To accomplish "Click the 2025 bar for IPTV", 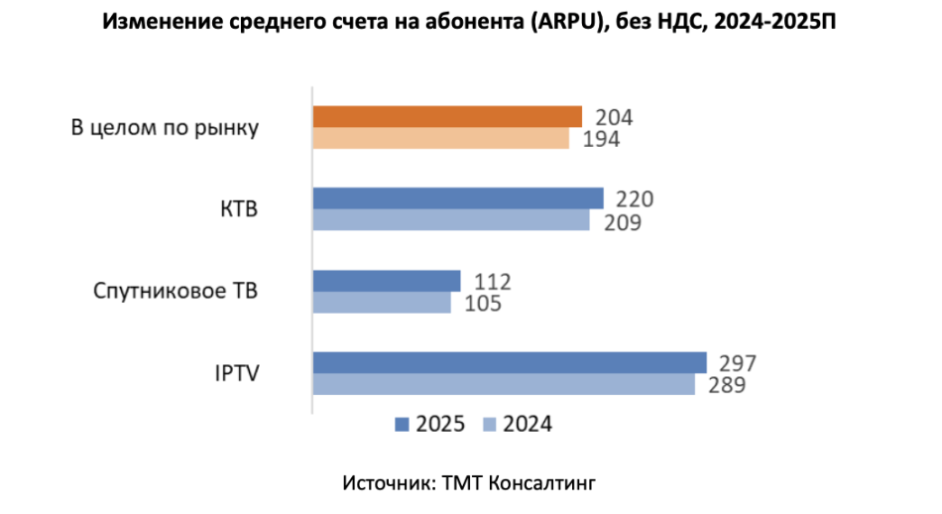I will pos(510,362).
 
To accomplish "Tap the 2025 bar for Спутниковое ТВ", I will pos(387,281).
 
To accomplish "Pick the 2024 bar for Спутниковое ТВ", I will pos(382,302).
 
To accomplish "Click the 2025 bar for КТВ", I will pos(458,198).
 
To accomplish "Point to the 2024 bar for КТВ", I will pos(451,220).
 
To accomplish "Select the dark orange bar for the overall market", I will pos(447,117).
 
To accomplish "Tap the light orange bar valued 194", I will pos(441,138).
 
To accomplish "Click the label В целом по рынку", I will pos(165,128).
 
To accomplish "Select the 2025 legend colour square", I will pos(402,425).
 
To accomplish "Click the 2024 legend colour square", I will pos(488,425).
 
